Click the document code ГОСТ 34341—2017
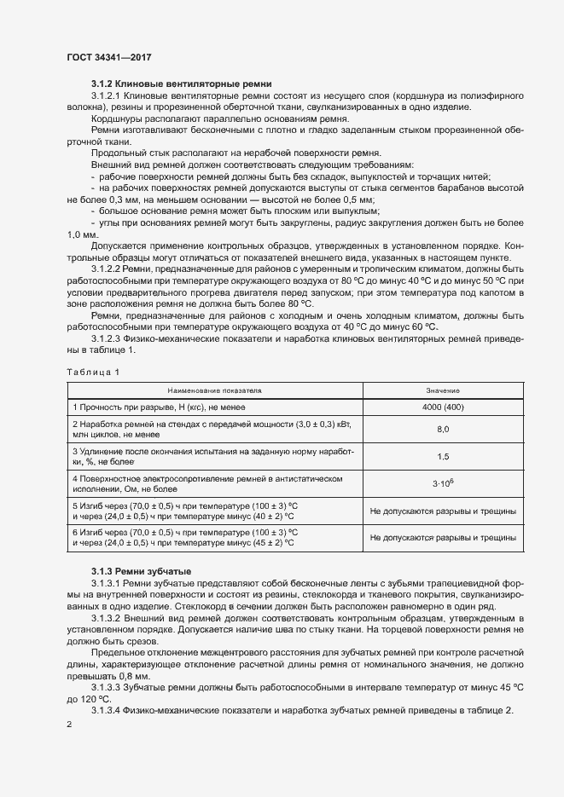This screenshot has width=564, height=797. point(109,57)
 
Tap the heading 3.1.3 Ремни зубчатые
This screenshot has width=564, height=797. point(142,570)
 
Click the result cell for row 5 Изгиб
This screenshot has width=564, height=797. point(443,511)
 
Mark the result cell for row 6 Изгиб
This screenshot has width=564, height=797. point(443,538)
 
